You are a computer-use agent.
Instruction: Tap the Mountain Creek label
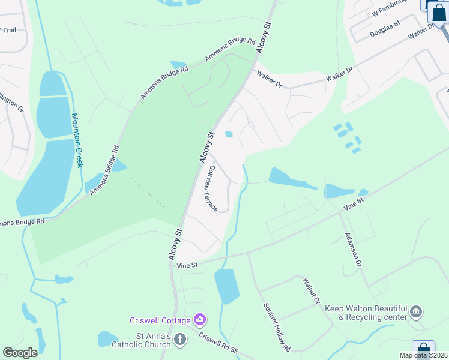pyautogui.click(x=76, y=140)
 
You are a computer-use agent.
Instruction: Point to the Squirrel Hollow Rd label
pyautogui.click(x=277, y=327)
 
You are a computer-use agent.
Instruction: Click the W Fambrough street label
pyautogui.click(x=394, y=8)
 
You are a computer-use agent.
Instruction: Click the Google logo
pyautogui.click(x=20, y=353)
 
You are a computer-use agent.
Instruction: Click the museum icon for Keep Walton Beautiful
pyautogui.click(x=416, y=312)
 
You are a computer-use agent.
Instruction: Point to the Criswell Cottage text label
pyautogui.click(x=160, y=320)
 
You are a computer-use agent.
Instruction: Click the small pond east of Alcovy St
pyautogui.click(x=228, y=134)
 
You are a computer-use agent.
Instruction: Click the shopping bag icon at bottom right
pyautogui.click(x=423, y=348)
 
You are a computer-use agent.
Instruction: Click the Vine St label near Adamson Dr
pyautogui.click(x=354, y=203)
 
